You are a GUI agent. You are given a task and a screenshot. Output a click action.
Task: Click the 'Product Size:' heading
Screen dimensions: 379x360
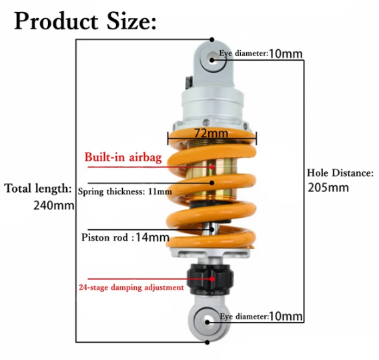point(85,21)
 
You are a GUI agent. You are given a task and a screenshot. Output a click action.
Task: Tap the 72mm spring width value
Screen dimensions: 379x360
point(212,133)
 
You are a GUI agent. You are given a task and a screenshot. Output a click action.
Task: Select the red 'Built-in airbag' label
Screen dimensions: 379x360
point(123,157)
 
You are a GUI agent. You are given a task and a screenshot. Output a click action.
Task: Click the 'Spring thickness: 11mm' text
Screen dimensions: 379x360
point(125,191)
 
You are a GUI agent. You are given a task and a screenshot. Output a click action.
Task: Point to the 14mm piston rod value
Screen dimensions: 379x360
point(153,237)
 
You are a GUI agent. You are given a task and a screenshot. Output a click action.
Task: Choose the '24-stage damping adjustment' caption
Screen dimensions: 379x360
point(131,287)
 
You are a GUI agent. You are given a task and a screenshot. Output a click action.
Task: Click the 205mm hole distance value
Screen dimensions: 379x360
point(328,187)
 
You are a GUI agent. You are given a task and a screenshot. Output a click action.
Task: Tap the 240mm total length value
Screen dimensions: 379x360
point(53,206)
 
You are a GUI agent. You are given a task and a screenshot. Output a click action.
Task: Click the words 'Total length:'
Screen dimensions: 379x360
point(38,188)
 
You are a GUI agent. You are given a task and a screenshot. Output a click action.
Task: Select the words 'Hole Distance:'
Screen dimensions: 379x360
point(340,173)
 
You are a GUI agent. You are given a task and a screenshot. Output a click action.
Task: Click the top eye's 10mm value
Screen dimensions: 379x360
point(286,53)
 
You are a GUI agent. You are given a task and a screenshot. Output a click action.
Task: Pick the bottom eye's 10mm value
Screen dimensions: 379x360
point(286,316)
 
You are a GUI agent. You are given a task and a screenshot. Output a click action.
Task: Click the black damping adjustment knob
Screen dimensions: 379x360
point(210,279)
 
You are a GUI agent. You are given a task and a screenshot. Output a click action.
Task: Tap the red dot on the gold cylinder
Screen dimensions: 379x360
point(212,167)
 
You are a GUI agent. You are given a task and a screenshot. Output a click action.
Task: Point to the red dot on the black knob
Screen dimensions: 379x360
point(212,279)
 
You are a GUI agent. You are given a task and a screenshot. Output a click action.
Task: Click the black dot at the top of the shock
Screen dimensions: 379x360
point(212,39)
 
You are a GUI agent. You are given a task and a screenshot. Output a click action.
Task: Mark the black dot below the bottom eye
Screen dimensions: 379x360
point(207,342)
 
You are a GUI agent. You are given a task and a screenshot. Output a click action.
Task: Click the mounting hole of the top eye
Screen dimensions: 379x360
point(213,59)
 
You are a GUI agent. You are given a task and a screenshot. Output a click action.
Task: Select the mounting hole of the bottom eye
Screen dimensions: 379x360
point(208,322)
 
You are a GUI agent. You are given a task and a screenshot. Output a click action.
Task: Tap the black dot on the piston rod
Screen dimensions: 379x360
point(212,229)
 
